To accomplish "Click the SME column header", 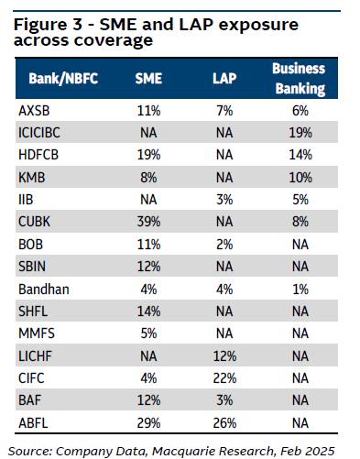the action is [x=148, y=79].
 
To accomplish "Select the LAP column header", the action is [x=224, y=79].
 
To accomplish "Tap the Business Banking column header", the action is [x=300, y=79].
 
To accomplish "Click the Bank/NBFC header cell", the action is [x=63, y=79].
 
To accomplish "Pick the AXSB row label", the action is [x=34, y=111].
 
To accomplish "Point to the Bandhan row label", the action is [x=44, y=290].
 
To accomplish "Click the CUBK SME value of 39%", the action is [x=148, y=222].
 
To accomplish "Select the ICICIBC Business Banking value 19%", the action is [x=300, y=133].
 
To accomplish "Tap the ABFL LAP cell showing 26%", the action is [x=224, y=423].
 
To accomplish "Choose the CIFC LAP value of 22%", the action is [x=224, y=378].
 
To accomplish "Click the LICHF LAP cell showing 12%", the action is [x=224, y=356].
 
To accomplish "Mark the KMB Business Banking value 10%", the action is [x=300, y=178].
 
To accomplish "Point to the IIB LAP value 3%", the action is [x=224, y=200].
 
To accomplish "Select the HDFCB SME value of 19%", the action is [x=148, y=155].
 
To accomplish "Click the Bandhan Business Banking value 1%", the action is [x=300, y=290].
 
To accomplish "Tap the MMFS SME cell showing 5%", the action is [x=148, y=333].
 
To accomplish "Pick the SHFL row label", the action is [x=33, y=311].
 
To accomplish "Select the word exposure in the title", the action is [x=258, y=25].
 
